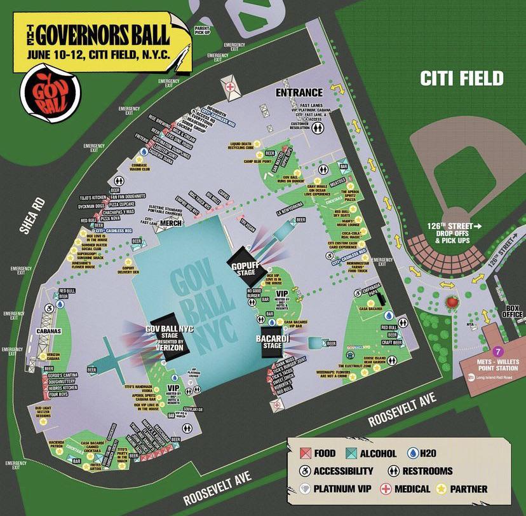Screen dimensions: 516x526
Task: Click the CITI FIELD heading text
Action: pyautogui.click(x=461, y=79)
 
